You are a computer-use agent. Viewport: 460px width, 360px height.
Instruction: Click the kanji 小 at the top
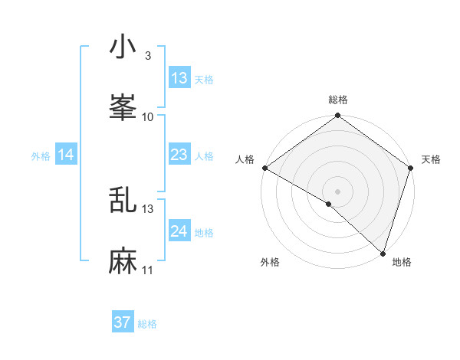[122, 48]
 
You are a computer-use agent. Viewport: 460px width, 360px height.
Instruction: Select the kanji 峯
[122, 108]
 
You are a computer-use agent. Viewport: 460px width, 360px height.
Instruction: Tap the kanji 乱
[122, 201]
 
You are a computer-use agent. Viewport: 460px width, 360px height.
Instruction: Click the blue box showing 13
[179, 78]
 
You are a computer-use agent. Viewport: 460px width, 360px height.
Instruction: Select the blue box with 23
[179, 155]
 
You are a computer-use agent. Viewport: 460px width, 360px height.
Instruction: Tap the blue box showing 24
[179, 231]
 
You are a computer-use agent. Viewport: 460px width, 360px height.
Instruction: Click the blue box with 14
[66, 155]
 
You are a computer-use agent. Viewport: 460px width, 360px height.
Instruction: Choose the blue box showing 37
[123, 322]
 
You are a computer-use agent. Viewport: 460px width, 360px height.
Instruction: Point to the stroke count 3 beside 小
[147, 57]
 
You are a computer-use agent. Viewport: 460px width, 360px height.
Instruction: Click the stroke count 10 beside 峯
[148, 117]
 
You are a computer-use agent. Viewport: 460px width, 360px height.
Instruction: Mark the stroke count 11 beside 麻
[148, 271]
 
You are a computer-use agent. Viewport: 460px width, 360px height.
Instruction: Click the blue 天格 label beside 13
[204, 80]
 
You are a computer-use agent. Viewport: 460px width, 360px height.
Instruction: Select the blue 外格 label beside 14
[41, 156]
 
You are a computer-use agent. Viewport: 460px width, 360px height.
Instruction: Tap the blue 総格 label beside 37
[147, 324]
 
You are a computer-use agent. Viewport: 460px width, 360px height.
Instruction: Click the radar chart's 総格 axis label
[337, 100]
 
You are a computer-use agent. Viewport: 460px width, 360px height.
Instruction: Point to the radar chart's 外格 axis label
[270, 263]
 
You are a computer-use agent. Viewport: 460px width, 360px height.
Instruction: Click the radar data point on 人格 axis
[264, 168]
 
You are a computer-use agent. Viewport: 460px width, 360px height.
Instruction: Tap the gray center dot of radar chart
[337, 191]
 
